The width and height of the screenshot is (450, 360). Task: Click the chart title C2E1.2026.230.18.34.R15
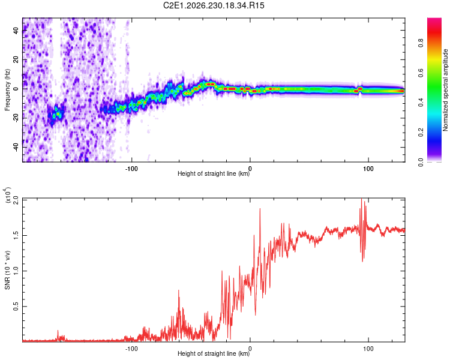(x=214, y=5)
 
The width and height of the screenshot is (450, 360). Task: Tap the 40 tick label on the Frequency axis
(x=16, y=30)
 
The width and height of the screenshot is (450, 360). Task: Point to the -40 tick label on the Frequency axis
(x=16, y=148)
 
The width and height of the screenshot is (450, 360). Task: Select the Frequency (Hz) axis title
(x=7, y=90)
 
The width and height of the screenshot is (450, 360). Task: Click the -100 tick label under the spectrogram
(x=131, y=169)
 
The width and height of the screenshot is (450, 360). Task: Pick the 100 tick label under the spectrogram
(x=368, y=169)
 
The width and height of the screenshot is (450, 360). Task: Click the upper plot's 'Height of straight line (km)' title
(x=214, y=173)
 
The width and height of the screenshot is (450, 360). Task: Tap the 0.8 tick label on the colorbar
(x=421, y=43)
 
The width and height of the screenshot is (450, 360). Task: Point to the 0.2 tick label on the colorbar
(x=421, y=133)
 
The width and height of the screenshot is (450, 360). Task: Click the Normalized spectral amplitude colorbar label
(x=445, y=90)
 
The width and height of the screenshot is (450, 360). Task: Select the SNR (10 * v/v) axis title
(x=7, y=270)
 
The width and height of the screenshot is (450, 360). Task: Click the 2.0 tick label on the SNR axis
(x=16, y=200)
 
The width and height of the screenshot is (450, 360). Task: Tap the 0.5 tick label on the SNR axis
(x=16, y=307)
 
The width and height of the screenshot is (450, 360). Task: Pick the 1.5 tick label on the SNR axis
(x=16, y=235)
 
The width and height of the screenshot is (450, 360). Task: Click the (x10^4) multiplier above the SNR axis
(x=7, y=195)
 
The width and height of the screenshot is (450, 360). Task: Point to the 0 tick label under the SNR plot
(x=250, y=349)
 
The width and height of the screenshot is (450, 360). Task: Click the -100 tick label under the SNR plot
(x=131, y=349)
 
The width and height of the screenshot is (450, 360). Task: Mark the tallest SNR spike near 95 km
(x=361, y=199)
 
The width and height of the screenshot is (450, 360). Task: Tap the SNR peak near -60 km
(x=179, y=290)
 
